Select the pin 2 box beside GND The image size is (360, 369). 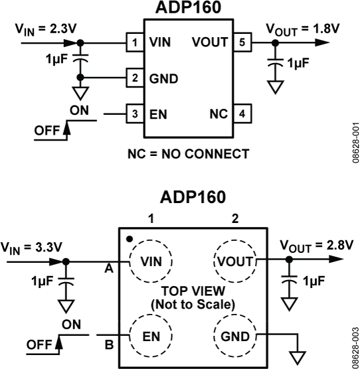coord(135,78)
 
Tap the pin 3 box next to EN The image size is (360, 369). coord(135,113)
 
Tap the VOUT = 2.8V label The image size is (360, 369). coord(316,244)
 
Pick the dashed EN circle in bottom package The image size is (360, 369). coord(151,336)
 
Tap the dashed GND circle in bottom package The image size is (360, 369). coord(234,336)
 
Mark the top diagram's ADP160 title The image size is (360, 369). coord(188,8)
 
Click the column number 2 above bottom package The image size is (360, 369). coord(234,218)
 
